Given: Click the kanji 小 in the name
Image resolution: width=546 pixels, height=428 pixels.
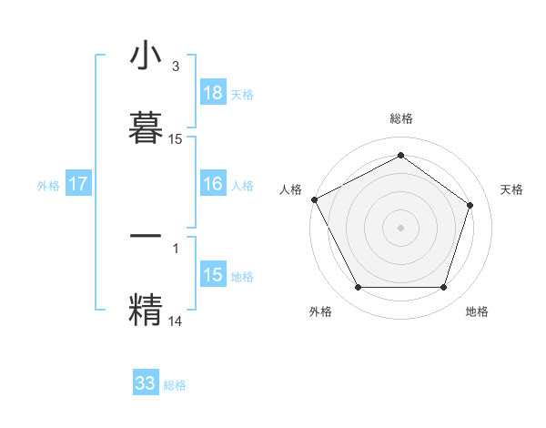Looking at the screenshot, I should pyautogui.click(x=146, y=57).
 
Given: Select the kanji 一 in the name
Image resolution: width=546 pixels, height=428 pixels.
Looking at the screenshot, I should pyautogui.click(x=146, y=234).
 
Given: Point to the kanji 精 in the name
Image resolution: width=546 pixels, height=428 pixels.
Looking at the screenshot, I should pyautogui.click(x=146, y=307).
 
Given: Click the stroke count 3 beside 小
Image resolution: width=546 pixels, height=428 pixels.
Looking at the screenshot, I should pyautogui.click(x=176, y=66).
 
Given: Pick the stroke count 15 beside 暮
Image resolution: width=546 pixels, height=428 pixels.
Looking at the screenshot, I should pyautogui.click(x=176, y=139).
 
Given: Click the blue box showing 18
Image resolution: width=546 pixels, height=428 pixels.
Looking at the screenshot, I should pyautogui.click(x=213, y=93).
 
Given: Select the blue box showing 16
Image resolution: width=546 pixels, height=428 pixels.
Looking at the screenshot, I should pyautogui.click(x=213, y=184).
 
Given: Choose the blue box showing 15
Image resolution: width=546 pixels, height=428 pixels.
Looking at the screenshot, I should pyautogui.click(x=213, y=275).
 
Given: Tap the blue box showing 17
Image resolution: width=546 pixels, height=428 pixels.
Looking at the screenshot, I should pyautogui.click(x=78, y=184).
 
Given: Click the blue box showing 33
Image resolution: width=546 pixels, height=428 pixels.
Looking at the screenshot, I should pyautogui.click(x=146, y=383).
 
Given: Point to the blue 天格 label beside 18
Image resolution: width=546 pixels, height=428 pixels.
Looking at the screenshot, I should pyautogui.click(x=242, y=94).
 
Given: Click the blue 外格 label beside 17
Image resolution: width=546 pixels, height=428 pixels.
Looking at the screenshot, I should pyautogui.click(x=48, y=185).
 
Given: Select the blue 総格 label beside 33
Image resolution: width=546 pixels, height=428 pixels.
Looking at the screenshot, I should pyautogui.click(x=175, y=384).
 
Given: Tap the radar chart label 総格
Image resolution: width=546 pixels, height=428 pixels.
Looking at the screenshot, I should pyautogui.click(x=401, y=118).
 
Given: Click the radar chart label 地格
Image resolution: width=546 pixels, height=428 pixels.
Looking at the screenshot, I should pyautogui.click(x=477, y=311).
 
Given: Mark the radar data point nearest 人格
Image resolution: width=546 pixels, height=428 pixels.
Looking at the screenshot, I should pyautogui.click(x=314, y=199).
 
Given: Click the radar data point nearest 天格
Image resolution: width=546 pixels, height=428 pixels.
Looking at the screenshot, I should pyautogui.click(x=470, y=205).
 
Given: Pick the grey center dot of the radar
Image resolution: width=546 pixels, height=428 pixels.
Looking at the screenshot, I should pyautogui.click(x=401, y=227).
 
